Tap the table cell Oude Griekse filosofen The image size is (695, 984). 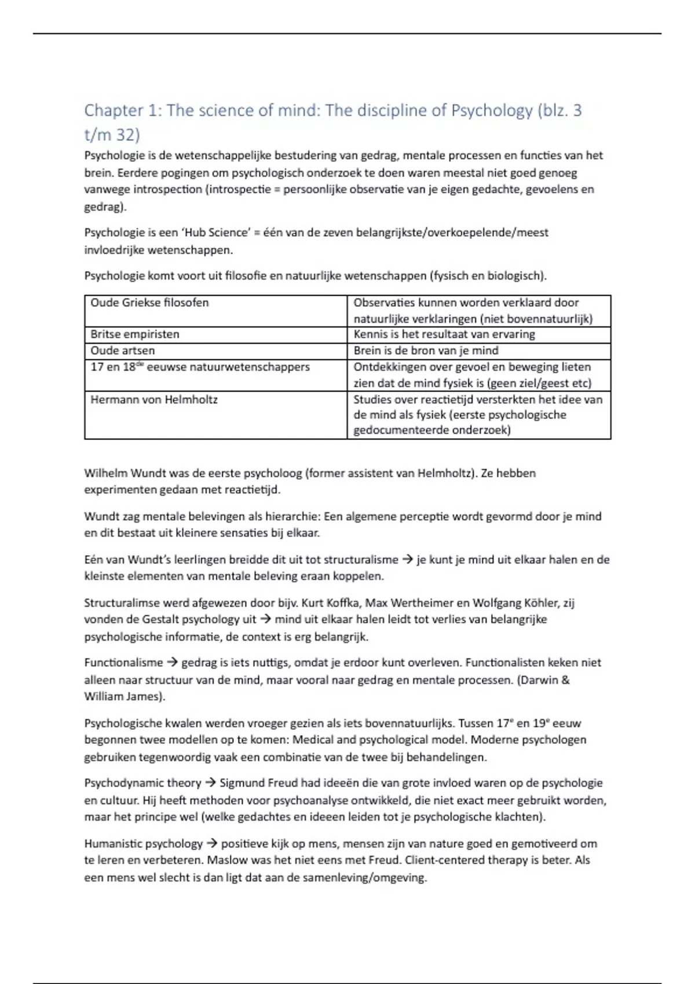coord(149,303)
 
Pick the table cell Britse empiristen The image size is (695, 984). coord(135,335)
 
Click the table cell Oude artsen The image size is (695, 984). coord(123,351)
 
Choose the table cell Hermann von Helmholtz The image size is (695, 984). coord(154,399)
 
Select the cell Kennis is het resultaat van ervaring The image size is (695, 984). coord(444,335)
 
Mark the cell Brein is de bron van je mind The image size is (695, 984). coord(426,351)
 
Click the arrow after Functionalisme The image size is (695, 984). coord(172,663)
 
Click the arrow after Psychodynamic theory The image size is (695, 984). coord(210,783)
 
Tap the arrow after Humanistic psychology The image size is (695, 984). coord(212,844)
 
